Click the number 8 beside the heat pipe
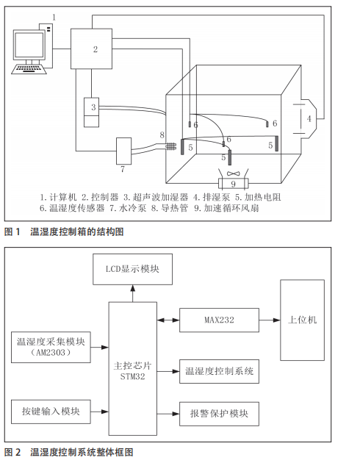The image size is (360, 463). (x=162, y=135)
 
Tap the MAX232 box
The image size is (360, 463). (x=217, y=320)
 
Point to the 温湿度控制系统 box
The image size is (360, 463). (x=217, y=372)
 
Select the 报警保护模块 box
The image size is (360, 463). (x=217, y=414)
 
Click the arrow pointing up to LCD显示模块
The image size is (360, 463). (x=133, y=292)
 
